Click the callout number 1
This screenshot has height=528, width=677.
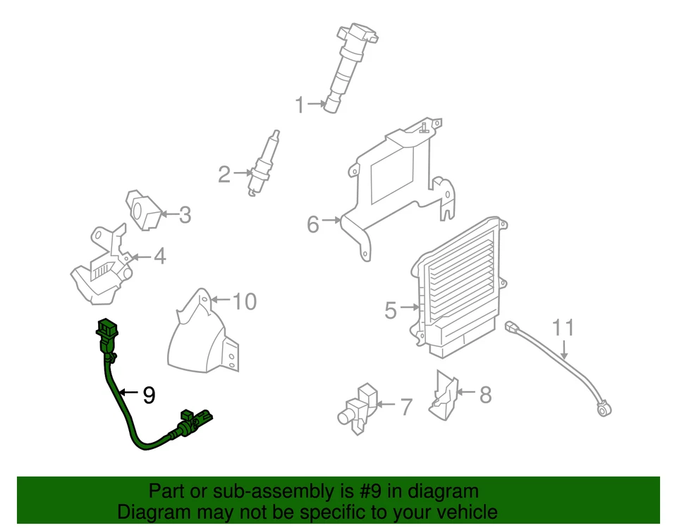tap(300, 106)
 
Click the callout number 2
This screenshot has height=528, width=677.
tap(224, 173)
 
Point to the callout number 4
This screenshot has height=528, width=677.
tap(160, 256)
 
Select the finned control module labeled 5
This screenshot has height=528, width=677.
tap(458, 282)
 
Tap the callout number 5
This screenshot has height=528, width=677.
tap(391, 309)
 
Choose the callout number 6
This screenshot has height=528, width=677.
tap(313, 225)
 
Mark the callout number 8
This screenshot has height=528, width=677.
tap(485, 395)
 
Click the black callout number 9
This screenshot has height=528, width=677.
tap(148, 395)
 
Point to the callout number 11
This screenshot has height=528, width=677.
tap(563, 328)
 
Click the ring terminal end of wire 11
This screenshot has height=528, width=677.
tap(603, 408)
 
